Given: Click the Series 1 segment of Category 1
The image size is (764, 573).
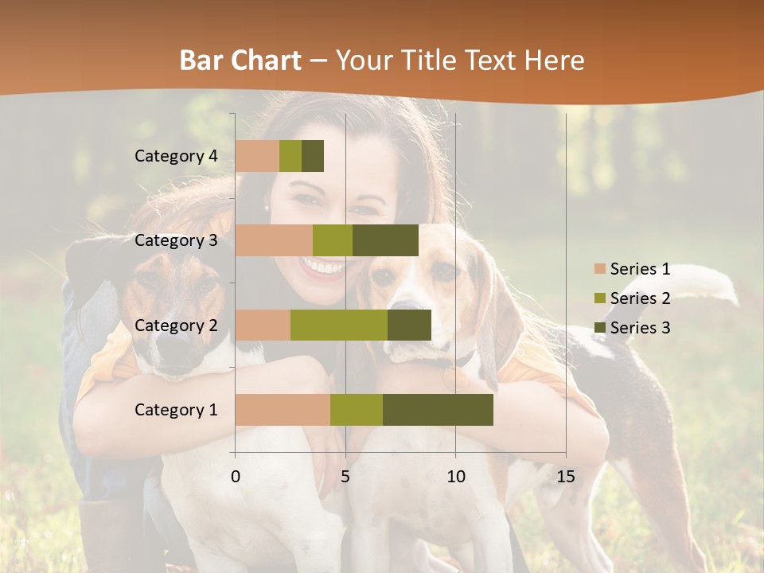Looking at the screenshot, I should (283, 410).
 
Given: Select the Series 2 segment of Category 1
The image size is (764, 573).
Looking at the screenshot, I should (357, 410).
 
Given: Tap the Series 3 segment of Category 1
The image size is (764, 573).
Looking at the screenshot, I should (438, 410).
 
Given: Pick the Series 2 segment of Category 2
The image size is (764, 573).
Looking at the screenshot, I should (339, 325).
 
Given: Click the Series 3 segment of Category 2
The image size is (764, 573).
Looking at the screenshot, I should (409, 325).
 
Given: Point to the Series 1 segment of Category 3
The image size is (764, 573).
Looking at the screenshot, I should (274, 240).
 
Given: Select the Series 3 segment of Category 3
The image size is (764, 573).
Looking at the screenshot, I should (385, 240).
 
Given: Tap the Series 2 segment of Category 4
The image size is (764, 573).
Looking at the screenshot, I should (290, 156).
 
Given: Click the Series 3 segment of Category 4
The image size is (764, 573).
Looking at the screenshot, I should (313, 156).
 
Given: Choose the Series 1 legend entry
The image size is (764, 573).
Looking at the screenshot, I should (632, 269).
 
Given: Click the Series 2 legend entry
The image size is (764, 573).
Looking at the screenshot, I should (632, 298).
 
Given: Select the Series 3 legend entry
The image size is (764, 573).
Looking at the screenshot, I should (632, 328).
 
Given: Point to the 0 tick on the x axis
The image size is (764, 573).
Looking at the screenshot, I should (236, 477).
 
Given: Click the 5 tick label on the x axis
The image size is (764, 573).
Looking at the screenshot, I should (345, 477).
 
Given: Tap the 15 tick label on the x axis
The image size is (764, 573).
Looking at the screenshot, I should (565, 477).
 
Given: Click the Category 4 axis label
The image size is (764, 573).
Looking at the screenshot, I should (176, 156).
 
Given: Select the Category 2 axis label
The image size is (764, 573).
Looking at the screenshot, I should (176, 325).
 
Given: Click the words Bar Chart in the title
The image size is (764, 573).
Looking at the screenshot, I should (240, 60).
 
